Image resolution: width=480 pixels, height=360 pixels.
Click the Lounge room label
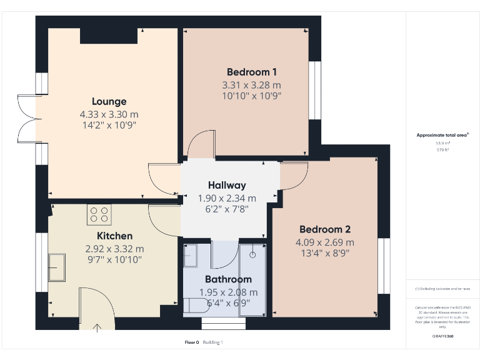(109, 101)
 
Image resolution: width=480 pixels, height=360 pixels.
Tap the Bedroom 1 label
(252, 72)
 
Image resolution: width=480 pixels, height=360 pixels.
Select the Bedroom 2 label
(324, 229)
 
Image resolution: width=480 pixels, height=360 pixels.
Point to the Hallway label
(227, 185)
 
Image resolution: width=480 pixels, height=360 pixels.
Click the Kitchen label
(114, 236)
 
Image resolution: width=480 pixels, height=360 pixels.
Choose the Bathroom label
(228, 279)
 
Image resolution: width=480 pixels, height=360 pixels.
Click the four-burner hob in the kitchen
(98, 215)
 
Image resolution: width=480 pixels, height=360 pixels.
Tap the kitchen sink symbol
(57, 267)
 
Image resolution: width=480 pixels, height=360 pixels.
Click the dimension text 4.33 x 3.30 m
(109, 114)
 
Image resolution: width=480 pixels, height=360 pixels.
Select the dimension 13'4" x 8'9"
(324, 253)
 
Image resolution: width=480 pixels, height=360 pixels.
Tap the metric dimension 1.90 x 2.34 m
(227, 198)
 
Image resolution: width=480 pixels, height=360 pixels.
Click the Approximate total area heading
(442, 134)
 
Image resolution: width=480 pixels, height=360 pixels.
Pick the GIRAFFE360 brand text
(442, 336)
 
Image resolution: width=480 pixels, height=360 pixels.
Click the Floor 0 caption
(191, 342)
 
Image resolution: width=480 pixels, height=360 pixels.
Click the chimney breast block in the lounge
(109, 36)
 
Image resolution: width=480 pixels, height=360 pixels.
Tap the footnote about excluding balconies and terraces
(442, 289)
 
